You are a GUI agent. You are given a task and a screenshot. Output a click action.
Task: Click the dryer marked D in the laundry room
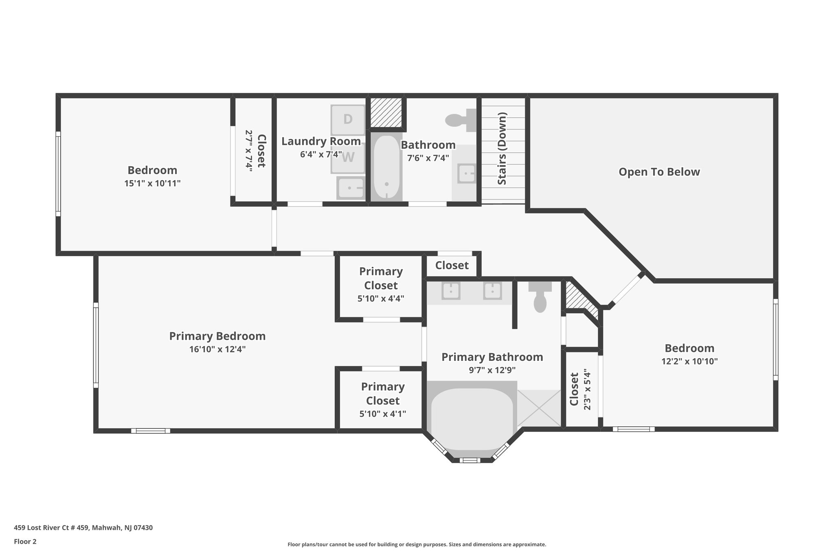point(348,120)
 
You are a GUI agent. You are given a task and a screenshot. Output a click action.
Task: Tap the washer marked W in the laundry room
point(348,157)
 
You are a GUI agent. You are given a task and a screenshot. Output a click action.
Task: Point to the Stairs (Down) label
point(502,149)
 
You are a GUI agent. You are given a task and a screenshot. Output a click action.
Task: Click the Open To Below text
point(659,172)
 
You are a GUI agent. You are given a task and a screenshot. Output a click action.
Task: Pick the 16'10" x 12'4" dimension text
point(217,349)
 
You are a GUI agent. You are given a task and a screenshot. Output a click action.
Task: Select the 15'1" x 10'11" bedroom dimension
point(152,183)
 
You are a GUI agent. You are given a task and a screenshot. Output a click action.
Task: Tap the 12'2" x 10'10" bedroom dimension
point(689,361)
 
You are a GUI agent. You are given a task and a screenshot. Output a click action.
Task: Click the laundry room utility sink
point(351,188)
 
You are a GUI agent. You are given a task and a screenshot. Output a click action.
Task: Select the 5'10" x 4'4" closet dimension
point(380,299)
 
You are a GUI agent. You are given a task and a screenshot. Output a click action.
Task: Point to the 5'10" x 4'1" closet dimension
point(382,414)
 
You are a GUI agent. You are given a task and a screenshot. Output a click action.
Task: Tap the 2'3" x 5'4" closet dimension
point(587,389)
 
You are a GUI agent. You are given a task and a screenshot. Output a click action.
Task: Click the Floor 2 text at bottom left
point(25,541)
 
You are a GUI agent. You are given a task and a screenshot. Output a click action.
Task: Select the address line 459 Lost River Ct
point(83,527)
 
